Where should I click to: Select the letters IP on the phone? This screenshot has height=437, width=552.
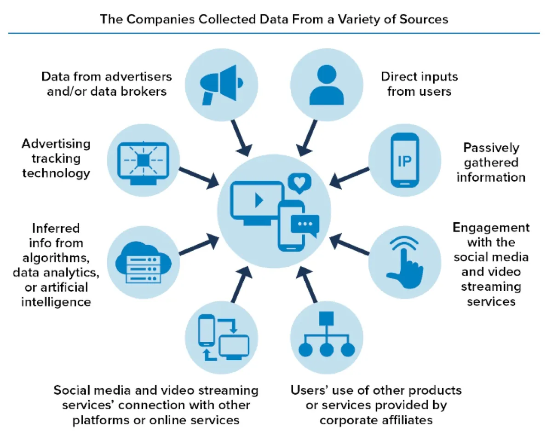point(405,161)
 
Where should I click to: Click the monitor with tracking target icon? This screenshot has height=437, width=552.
point(143,161)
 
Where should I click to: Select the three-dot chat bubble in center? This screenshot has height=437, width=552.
point(305,224)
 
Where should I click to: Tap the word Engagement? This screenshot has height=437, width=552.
point(491,228)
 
